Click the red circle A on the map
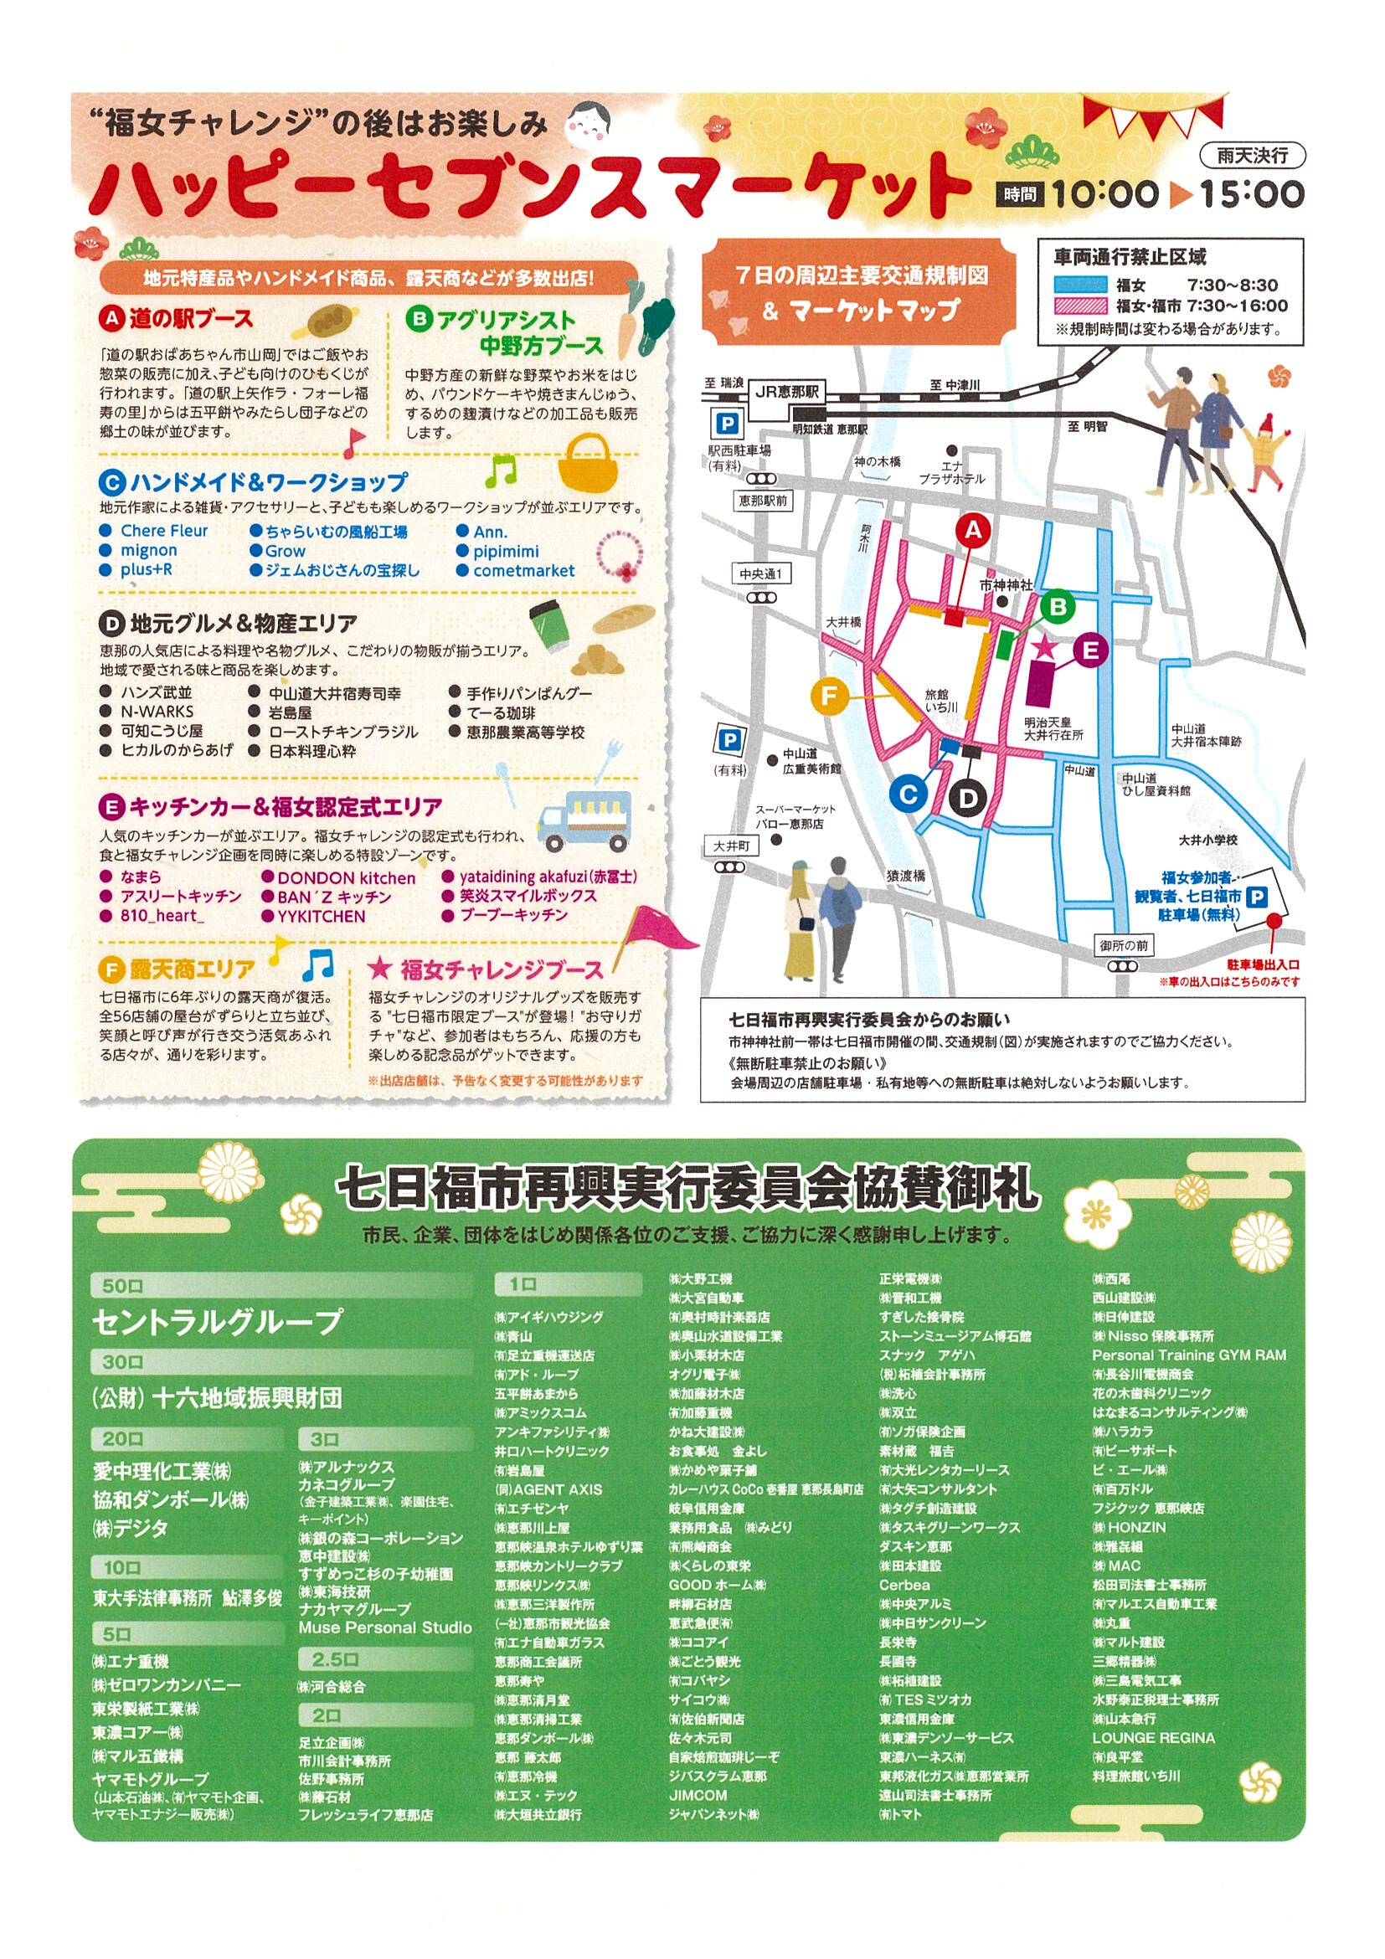[973, 531]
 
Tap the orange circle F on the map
[827, 696]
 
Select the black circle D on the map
[967, 799]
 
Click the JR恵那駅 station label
[787, 392]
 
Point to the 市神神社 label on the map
[1007, 585]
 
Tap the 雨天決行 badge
[1252, 155]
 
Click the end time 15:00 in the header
[1252, 194]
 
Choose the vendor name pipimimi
[506, 551]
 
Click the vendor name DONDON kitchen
[346, 877]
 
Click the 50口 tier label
[122, 1286]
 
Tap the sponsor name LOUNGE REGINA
[1153, 1738]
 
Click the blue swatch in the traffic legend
[1080, 285]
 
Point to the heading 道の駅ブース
[191, 319]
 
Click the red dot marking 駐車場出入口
[1274, 921]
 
